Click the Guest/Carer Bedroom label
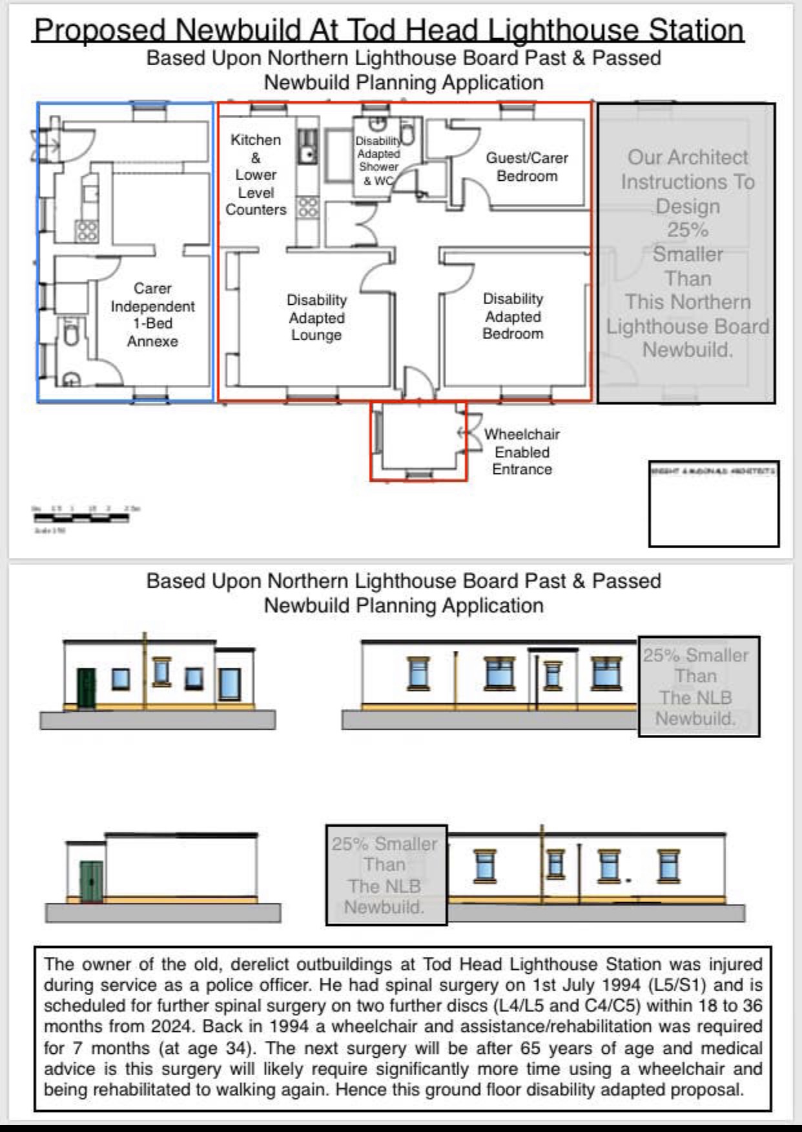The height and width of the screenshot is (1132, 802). pyautogui.click(x=527, y=167)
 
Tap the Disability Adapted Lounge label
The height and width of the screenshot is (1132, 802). pyautogui.click(x=316, y=317)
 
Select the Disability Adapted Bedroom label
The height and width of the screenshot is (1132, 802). pyautogui.click(x=513, y=316)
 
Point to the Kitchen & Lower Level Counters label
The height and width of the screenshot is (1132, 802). pyautogui.click(x=256, y=174)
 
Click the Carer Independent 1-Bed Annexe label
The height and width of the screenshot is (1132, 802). pyautogui.click(x=152, y=314)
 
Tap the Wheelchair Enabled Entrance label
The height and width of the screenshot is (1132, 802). pyautogui.click(x=522, y=451)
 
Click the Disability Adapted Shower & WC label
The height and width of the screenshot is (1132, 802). pyautogui.click(x=378, y=160)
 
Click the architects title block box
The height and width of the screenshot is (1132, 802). pyautogui.click(x=714, y=504)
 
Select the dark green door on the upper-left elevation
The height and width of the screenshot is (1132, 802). pyautogui.click(x=86, y=688)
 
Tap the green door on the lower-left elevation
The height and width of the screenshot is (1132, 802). pyautogui.click(x=91, y=881)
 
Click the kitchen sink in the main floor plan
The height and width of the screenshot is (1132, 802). pyautogui.click(x=308, y=153)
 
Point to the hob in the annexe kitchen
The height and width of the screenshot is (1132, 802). pyautogui.click(x=87, y=230)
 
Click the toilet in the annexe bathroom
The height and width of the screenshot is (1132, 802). pyautogui.click(x=71, y=334)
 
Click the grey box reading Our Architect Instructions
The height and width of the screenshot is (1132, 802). pyautogui.click(x=686, y=253)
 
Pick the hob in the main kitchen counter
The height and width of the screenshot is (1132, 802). pyautogui.click(x=307, y=207)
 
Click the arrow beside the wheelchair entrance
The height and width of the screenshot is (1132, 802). pyautogui.click(x=462, y=433)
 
